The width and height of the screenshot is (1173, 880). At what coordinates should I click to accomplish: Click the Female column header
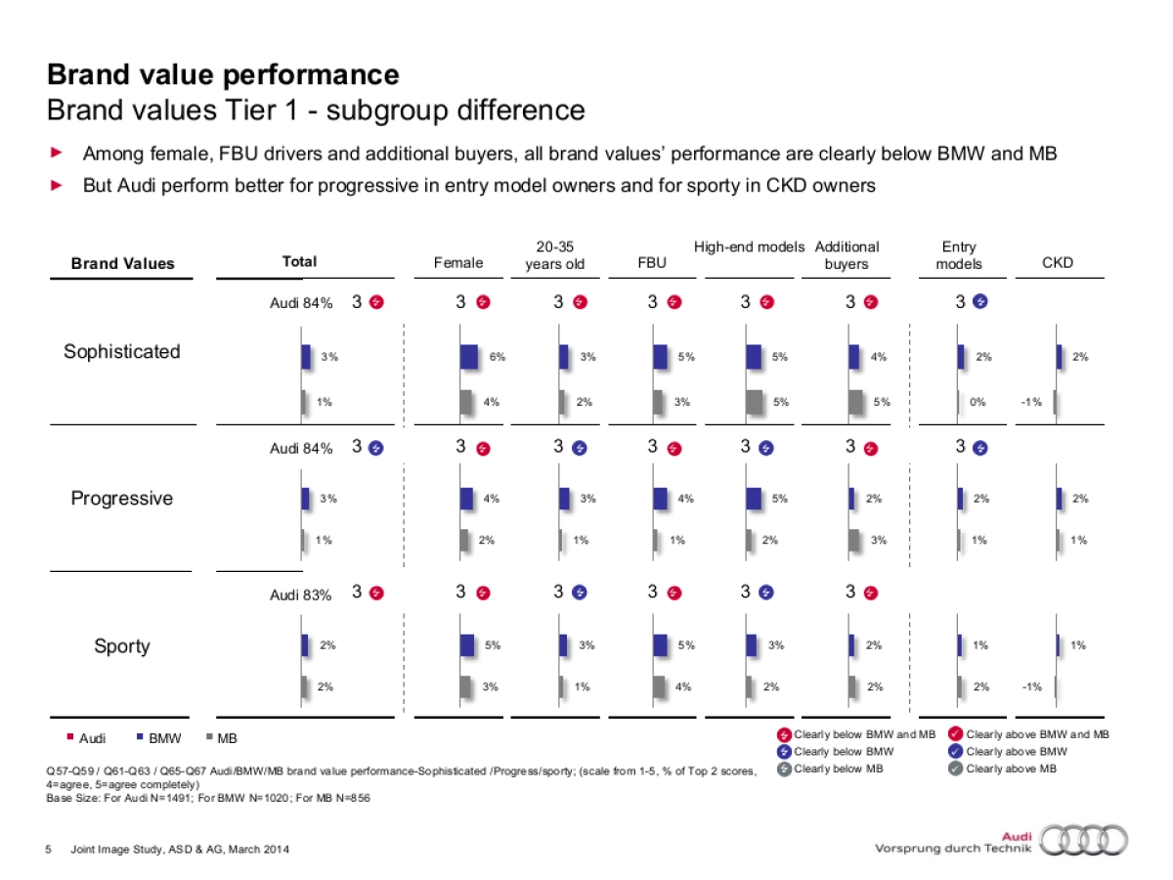click(458, 262)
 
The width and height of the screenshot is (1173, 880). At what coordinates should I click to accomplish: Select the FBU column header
click(651, 262)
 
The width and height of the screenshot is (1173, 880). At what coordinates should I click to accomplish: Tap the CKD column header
click(1058, 262)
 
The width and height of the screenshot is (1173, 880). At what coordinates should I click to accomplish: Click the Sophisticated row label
click(122, 352)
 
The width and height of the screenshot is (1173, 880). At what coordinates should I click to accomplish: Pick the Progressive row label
click(122, 499)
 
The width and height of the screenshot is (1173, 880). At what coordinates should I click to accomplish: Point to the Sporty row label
click(122, 646)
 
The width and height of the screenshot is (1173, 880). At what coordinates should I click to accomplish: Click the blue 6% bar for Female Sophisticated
click(469, 357)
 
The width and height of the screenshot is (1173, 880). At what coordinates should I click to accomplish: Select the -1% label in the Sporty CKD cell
click(1031, 686)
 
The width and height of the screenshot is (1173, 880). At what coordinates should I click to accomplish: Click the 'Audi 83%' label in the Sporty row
click(300, 594)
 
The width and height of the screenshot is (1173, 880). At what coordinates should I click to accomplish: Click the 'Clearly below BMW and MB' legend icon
click(784, 735)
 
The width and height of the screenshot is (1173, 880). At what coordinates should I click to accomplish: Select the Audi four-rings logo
click(1082, 839)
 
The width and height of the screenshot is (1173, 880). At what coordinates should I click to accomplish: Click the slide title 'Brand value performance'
click(223, 74)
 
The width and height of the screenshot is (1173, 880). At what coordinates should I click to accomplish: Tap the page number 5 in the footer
click(50, 849)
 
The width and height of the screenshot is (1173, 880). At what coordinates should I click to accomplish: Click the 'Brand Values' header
click(122, 263)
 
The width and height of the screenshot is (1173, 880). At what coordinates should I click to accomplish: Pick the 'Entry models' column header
click(959, 255)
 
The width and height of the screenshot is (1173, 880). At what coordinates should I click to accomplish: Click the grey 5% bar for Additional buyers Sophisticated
click(856, 402)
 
